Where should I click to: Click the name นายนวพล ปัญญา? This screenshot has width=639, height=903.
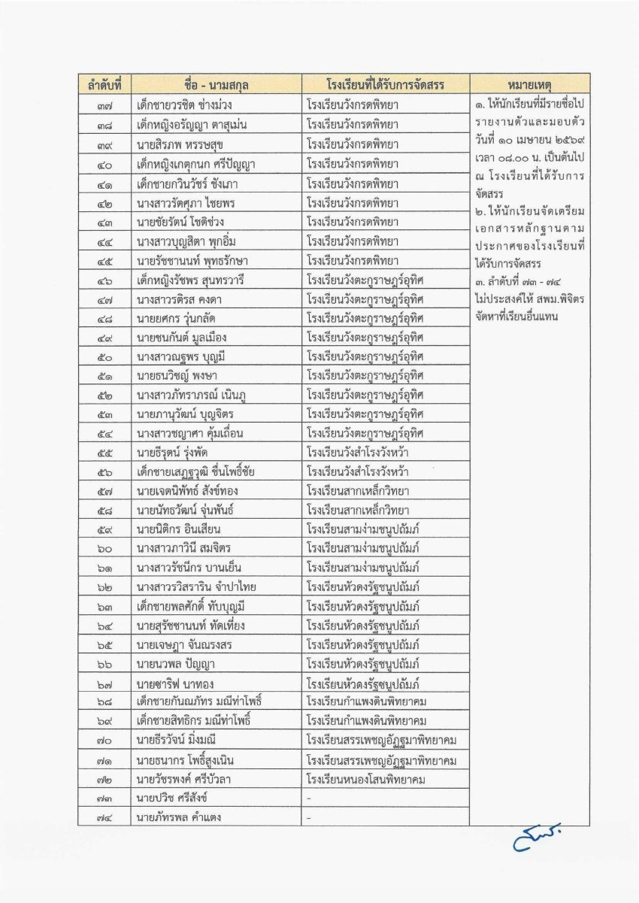[x=174, y=664]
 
